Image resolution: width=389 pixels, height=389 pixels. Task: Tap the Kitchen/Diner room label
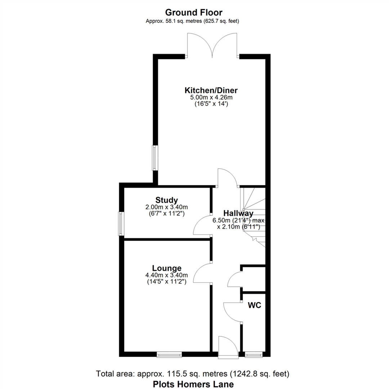point(211,90)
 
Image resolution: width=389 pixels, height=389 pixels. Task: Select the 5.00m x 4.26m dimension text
point(211,97)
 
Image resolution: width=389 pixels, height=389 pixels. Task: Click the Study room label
point(166,200)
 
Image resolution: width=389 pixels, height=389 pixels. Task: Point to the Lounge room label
point(166,268)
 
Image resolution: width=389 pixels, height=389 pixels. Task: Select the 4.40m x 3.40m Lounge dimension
point(166,276)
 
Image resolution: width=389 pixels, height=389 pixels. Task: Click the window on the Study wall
point(122,224)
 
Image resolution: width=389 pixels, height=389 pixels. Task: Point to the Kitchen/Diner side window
point(155,158)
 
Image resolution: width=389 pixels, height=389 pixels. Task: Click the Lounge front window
point(169,355)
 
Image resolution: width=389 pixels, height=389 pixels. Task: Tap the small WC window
point(254,355)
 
